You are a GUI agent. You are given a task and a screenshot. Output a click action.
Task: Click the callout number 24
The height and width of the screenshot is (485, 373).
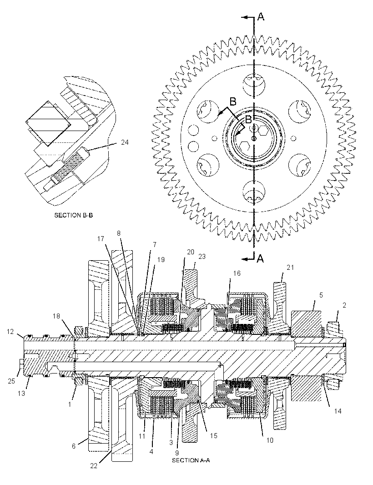[125, 142]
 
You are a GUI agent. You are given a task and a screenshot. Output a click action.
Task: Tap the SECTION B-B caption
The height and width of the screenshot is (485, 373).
[74, 215]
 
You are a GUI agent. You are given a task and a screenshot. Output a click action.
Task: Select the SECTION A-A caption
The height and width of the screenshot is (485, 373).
[191, 460]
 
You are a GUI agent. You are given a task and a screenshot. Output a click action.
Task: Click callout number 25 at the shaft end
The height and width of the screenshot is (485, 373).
[11, 381]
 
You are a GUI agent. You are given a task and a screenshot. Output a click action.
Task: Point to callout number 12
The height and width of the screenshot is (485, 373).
[10, 332]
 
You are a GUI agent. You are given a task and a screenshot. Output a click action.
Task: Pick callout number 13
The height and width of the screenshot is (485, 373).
[21, 394]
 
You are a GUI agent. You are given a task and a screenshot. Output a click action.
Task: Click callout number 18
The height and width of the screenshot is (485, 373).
[56, 316]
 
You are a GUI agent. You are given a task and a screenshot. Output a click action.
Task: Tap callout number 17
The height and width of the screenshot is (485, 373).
[101, 239]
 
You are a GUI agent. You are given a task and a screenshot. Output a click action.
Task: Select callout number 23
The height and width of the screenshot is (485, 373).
[202, 257]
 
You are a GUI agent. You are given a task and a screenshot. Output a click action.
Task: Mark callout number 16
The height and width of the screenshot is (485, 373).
[237, 273]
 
